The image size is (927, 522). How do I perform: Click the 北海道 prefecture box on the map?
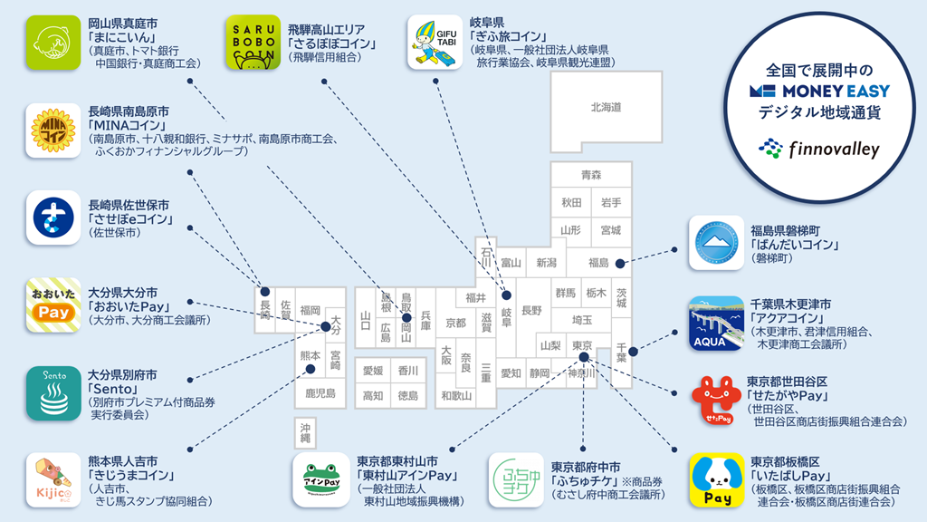click(607, 107)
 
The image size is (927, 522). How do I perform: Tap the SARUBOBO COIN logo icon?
click(253, 43)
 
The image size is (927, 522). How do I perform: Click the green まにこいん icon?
click(53, 43)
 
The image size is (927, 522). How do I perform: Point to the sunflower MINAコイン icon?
click(53, 131)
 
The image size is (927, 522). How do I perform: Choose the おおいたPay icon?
click(53, 306)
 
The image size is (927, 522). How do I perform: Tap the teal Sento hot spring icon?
click(53, 392)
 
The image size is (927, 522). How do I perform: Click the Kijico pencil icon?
click(53, 479)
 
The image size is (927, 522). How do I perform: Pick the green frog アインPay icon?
click(320, 480)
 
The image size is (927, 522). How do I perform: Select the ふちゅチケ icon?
click(515, 480)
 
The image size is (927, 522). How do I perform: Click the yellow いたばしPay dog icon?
click(716, 480)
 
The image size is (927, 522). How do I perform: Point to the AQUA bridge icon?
click(716, 324)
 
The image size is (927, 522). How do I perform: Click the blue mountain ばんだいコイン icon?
click(716, 243)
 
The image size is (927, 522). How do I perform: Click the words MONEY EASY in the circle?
click(831, 91)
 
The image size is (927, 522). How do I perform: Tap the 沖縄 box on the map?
click(305, 431)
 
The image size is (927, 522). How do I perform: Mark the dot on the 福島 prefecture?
click(620, 264)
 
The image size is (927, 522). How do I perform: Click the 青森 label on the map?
click(591, 175)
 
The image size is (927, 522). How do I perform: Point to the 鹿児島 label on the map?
click(320, 393)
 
